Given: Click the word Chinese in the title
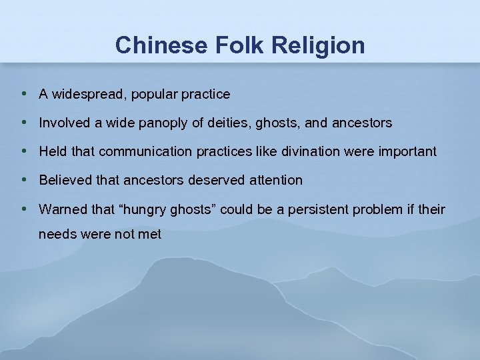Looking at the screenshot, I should pyautogui.click(x=155, y=45).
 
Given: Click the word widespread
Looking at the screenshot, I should pyautogui.click(x=88, y=95).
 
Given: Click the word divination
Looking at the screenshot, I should pyautogui.click(x=310, y=152).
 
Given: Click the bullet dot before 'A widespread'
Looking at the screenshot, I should pyautogui.click(x=24, y=93).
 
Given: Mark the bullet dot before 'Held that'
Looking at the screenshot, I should pyautogui.click(x=24, y=151).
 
